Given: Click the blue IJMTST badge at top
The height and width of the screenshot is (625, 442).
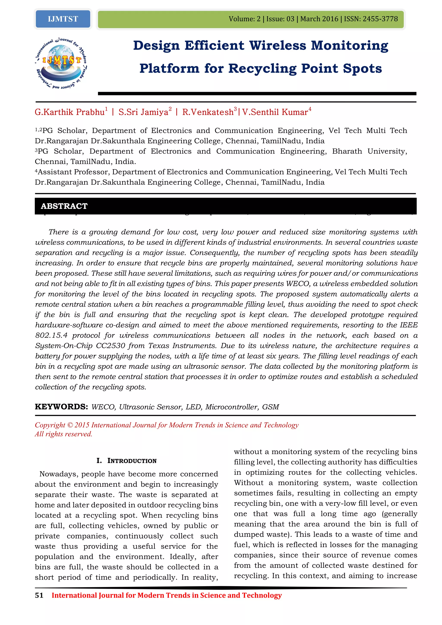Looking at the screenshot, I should click(x=63, y=19).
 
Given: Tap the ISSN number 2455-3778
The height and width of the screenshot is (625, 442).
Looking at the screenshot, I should click(x=380, y=19).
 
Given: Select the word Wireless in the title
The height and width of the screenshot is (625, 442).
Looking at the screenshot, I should click(x=277, y=46).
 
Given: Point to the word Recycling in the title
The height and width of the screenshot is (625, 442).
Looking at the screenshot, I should click(x=262, y=68).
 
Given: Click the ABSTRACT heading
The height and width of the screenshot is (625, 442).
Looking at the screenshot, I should click(x=64, y=206).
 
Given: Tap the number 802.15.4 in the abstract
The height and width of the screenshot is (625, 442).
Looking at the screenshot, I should click(x=51, y=335).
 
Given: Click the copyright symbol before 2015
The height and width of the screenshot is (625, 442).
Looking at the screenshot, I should click(x=70, y=425).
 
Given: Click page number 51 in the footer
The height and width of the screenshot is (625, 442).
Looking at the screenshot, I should click(x=39, y=595).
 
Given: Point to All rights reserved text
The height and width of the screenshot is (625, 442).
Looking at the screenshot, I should click(x=63, y=434).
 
